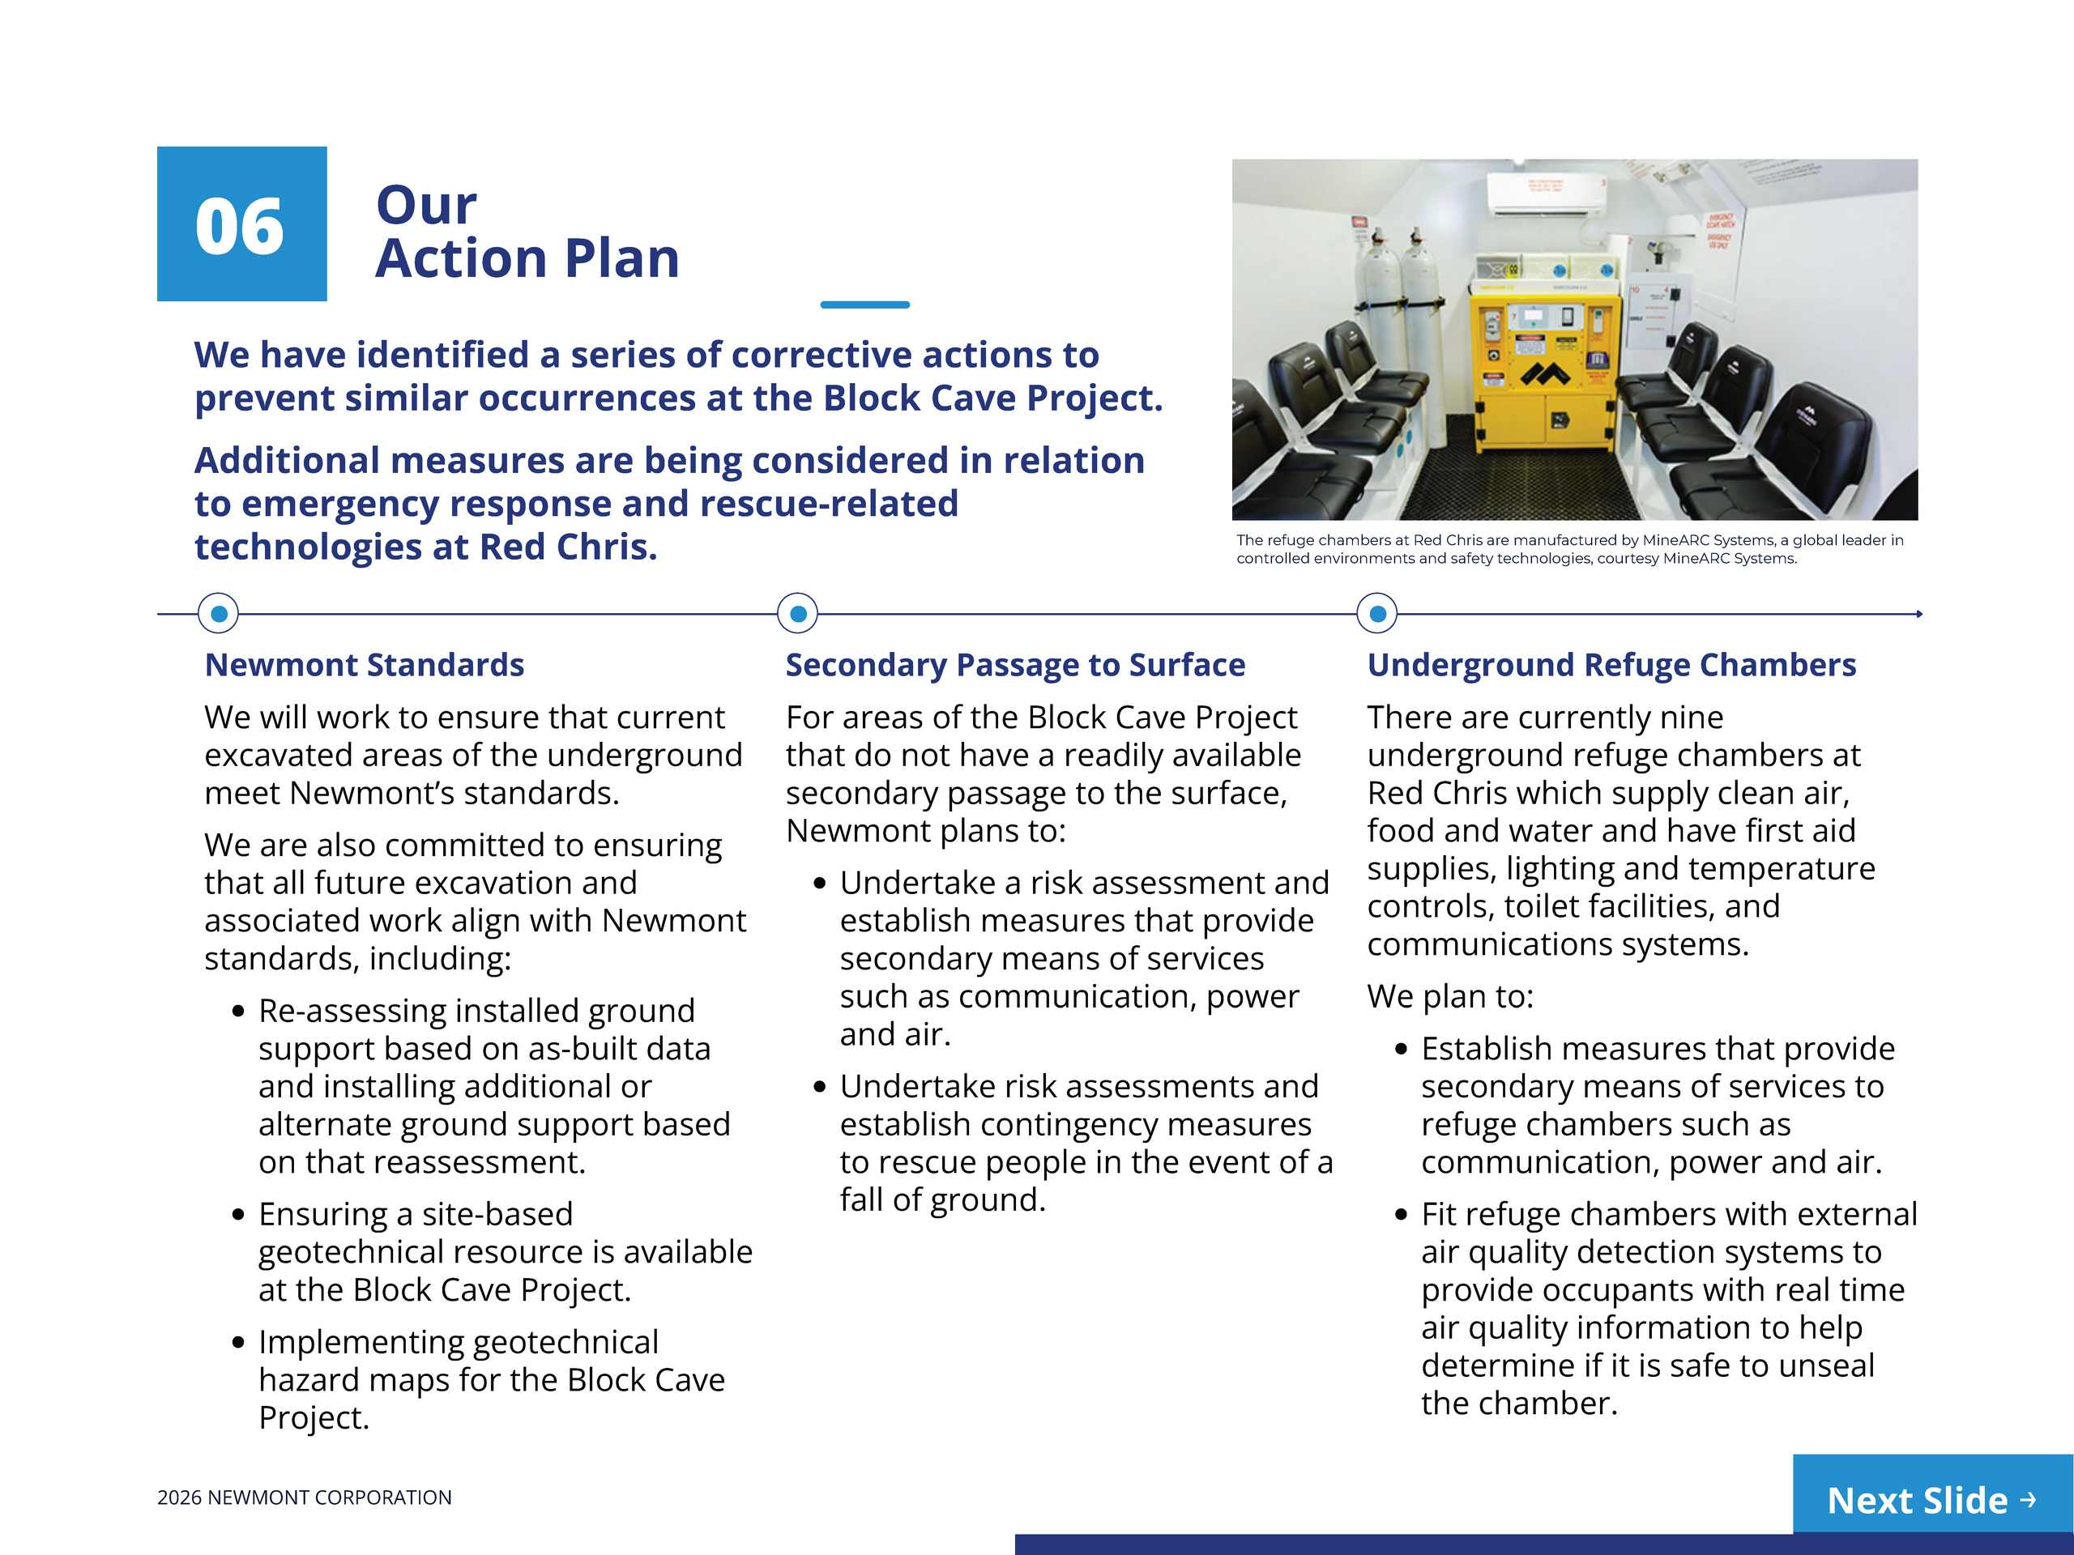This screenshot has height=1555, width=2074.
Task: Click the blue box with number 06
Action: pyautogui.click(x=241, y=224)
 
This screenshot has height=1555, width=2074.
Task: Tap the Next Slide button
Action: pyautogui.click(x=1931, y=1500)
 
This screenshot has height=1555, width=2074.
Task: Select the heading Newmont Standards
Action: pyautogui.click(x=364, y=665)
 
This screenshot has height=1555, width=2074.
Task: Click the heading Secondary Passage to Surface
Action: pyautogui.click(x=1015, y=665)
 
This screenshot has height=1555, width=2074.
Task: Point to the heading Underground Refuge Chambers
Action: pyautogui.click(x=1611, y=665)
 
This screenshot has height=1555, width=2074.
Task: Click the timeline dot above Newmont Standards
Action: pyautogui.click(x=219, y=614)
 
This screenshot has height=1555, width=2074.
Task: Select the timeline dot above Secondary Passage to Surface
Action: pyautogui.click(x=798, y=614)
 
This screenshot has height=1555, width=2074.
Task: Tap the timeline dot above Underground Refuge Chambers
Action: pyautogui.click(x=1377, y=614)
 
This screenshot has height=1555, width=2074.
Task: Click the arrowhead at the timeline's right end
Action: pyautogui.click(x=1919, y=614)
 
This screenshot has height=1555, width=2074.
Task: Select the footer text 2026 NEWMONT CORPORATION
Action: pyautogui.click(x=304, y=1497)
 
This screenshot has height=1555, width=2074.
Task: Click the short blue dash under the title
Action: pyautogui.click(x=864, y=305)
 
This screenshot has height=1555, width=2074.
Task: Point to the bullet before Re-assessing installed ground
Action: pyautogui.click(x=238, y=1012)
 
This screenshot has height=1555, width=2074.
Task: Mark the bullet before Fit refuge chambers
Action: pyautogui.click(x=1401, y=1215)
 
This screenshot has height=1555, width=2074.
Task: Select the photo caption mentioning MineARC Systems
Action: pyautogui.click(x=1568, y=549)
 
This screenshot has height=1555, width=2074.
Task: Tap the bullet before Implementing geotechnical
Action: pyautogui.click(x=238, y=1342)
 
